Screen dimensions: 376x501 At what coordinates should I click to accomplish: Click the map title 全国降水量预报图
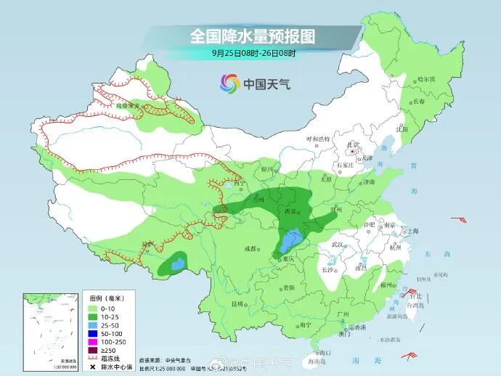point(253,36)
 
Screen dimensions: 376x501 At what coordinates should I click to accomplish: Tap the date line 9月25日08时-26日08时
point(253,52)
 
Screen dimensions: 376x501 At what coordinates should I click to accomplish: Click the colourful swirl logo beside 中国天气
point(229,83)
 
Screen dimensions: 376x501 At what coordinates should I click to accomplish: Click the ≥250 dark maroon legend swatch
point(94,348)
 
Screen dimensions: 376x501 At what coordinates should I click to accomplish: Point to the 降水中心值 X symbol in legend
point(94,365)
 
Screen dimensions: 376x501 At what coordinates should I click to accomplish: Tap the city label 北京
point(354,144)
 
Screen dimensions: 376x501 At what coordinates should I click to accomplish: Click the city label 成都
point(250,248)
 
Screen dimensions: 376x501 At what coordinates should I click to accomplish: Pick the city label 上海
point(414,232)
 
